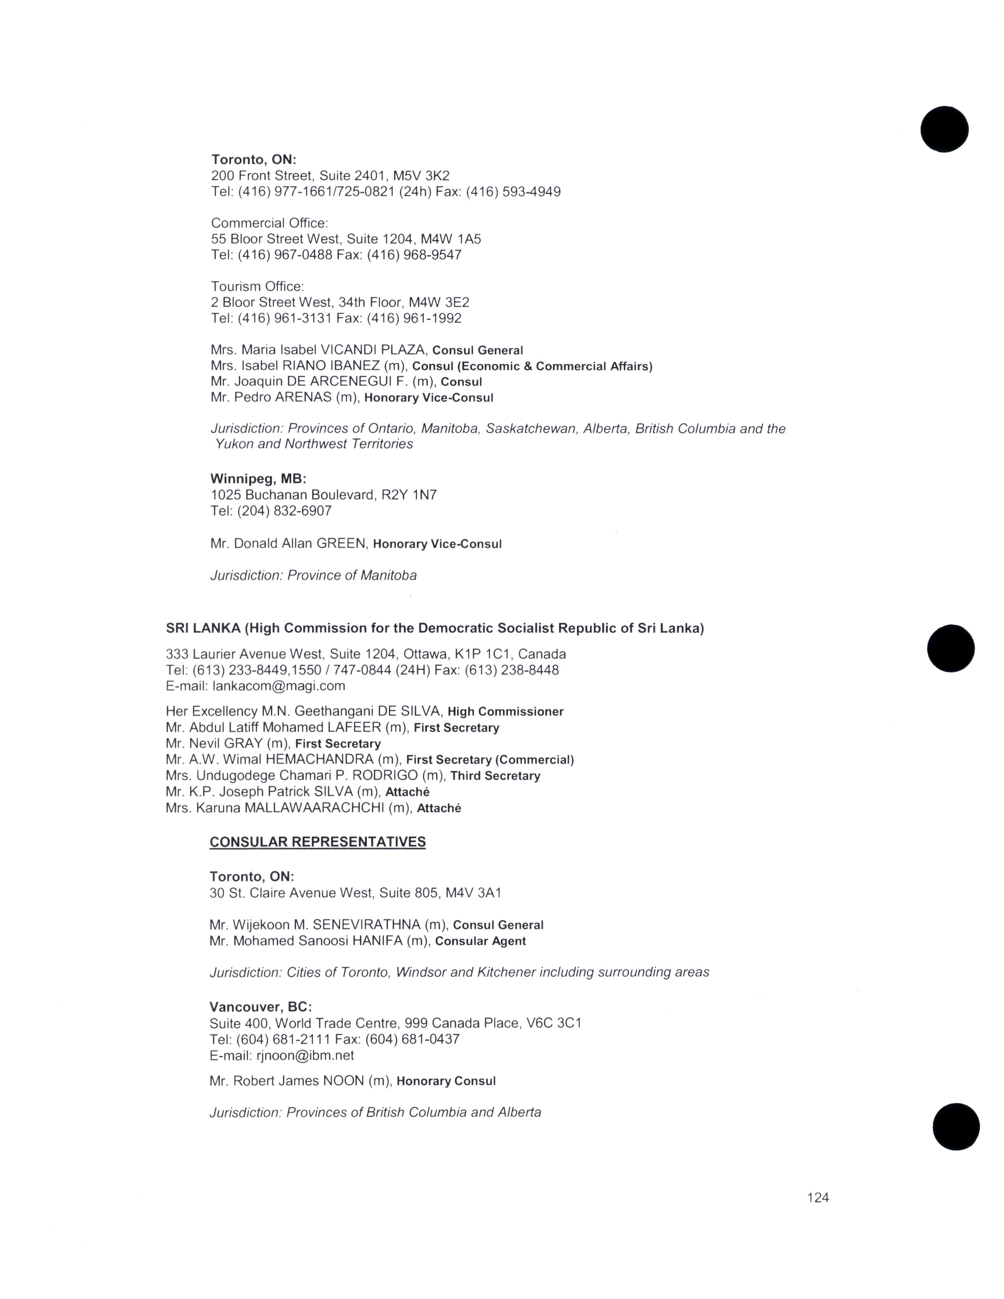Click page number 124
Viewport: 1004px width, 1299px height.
817,1197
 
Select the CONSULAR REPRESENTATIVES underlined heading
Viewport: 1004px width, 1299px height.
318,842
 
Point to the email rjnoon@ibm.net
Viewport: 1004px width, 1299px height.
305,1055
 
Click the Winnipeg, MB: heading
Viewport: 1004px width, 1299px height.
258,479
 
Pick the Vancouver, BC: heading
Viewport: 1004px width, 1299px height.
261,1007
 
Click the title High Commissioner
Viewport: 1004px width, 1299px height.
506,711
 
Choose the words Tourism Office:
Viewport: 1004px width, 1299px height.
257,287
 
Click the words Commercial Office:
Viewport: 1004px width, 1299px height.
269,223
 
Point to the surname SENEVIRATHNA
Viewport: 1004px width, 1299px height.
367,925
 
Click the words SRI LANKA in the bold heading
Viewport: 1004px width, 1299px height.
204,628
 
